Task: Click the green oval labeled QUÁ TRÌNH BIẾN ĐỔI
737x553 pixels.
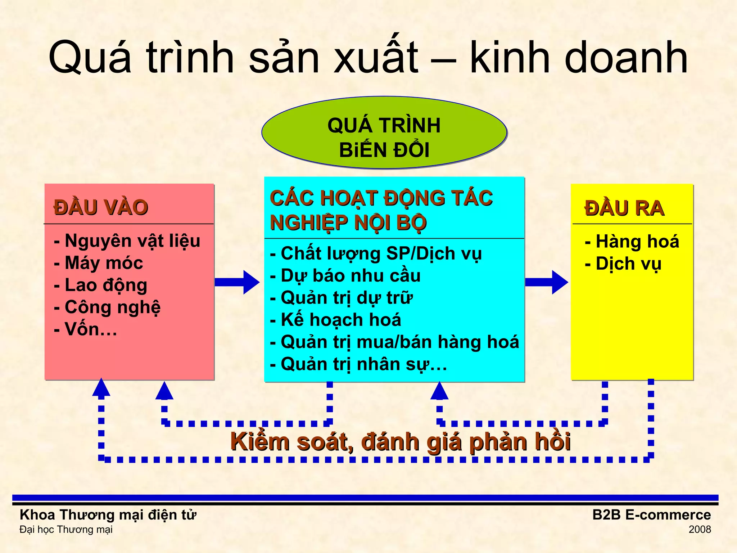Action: click(384, 132)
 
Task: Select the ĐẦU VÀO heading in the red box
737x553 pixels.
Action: click(101, 207)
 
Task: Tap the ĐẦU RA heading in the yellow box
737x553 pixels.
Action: click(624, 208)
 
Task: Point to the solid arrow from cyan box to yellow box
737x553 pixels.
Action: click(546, 282)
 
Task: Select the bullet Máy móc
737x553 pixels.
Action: click(99, 263)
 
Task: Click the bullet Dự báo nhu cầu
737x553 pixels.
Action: click(345, 276)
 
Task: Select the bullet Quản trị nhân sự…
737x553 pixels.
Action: click(359, 364)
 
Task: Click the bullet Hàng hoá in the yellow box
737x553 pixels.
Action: click(632, 241)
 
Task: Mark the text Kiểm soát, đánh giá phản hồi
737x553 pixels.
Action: click(400, 442)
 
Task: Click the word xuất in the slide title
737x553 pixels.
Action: click(376, 58)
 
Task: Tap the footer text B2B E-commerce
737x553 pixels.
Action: click(651, 515)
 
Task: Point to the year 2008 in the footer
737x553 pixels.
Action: click(700, 530)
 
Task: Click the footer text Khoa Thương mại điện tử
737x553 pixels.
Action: click(108, 515)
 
